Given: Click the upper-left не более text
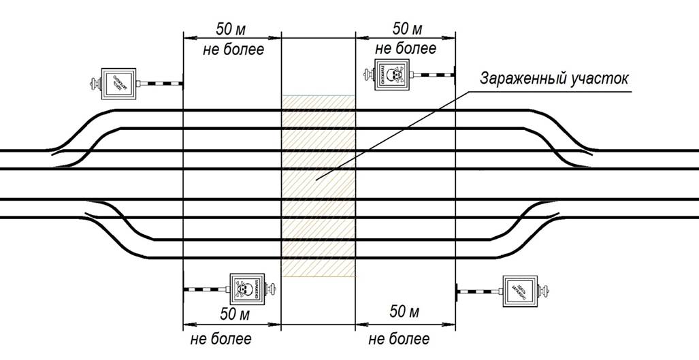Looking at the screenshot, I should pyautogui.click(x=233, y=50).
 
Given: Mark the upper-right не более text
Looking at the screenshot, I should pyautogui.click(x=406, y=48).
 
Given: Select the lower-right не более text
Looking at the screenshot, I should pyautogui.click(x=400, y=339).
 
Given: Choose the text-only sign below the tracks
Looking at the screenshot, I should pyautogui.click(x=519, y=291).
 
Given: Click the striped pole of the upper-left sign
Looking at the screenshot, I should pyautogui.click(x=162, y=84).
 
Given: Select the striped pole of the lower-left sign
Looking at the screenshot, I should pyautogui.click(x=206, y=290).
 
